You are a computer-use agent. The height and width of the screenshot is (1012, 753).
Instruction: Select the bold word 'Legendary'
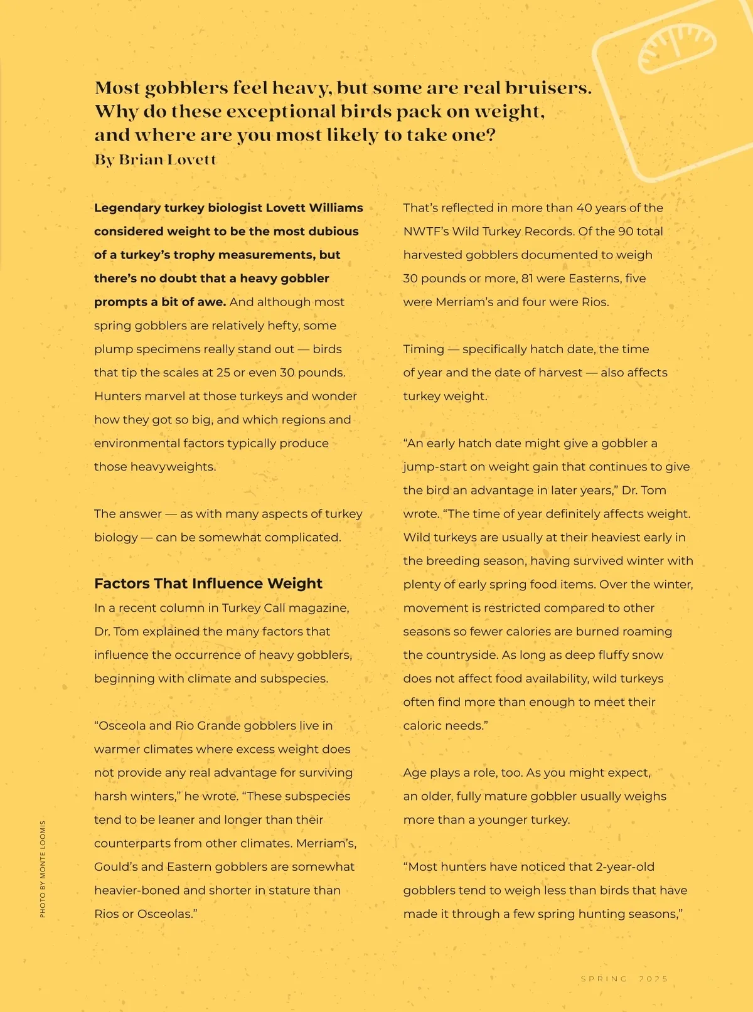(x=127, y=208)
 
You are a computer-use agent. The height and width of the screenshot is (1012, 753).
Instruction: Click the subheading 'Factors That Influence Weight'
(x=208, y=583)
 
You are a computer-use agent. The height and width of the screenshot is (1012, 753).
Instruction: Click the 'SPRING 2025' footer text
(x=624, y=979)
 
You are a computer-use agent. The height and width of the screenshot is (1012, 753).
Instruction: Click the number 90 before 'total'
(x=626, y=232)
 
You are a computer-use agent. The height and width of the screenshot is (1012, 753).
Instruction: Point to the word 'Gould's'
(x=115, y=867)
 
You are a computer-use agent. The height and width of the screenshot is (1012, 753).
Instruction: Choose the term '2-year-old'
(x=625, y=867)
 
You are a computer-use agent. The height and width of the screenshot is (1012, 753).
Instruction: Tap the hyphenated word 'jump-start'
(x=434, y=467)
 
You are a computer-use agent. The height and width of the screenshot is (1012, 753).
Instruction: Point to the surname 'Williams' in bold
(x=336, y=208)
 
